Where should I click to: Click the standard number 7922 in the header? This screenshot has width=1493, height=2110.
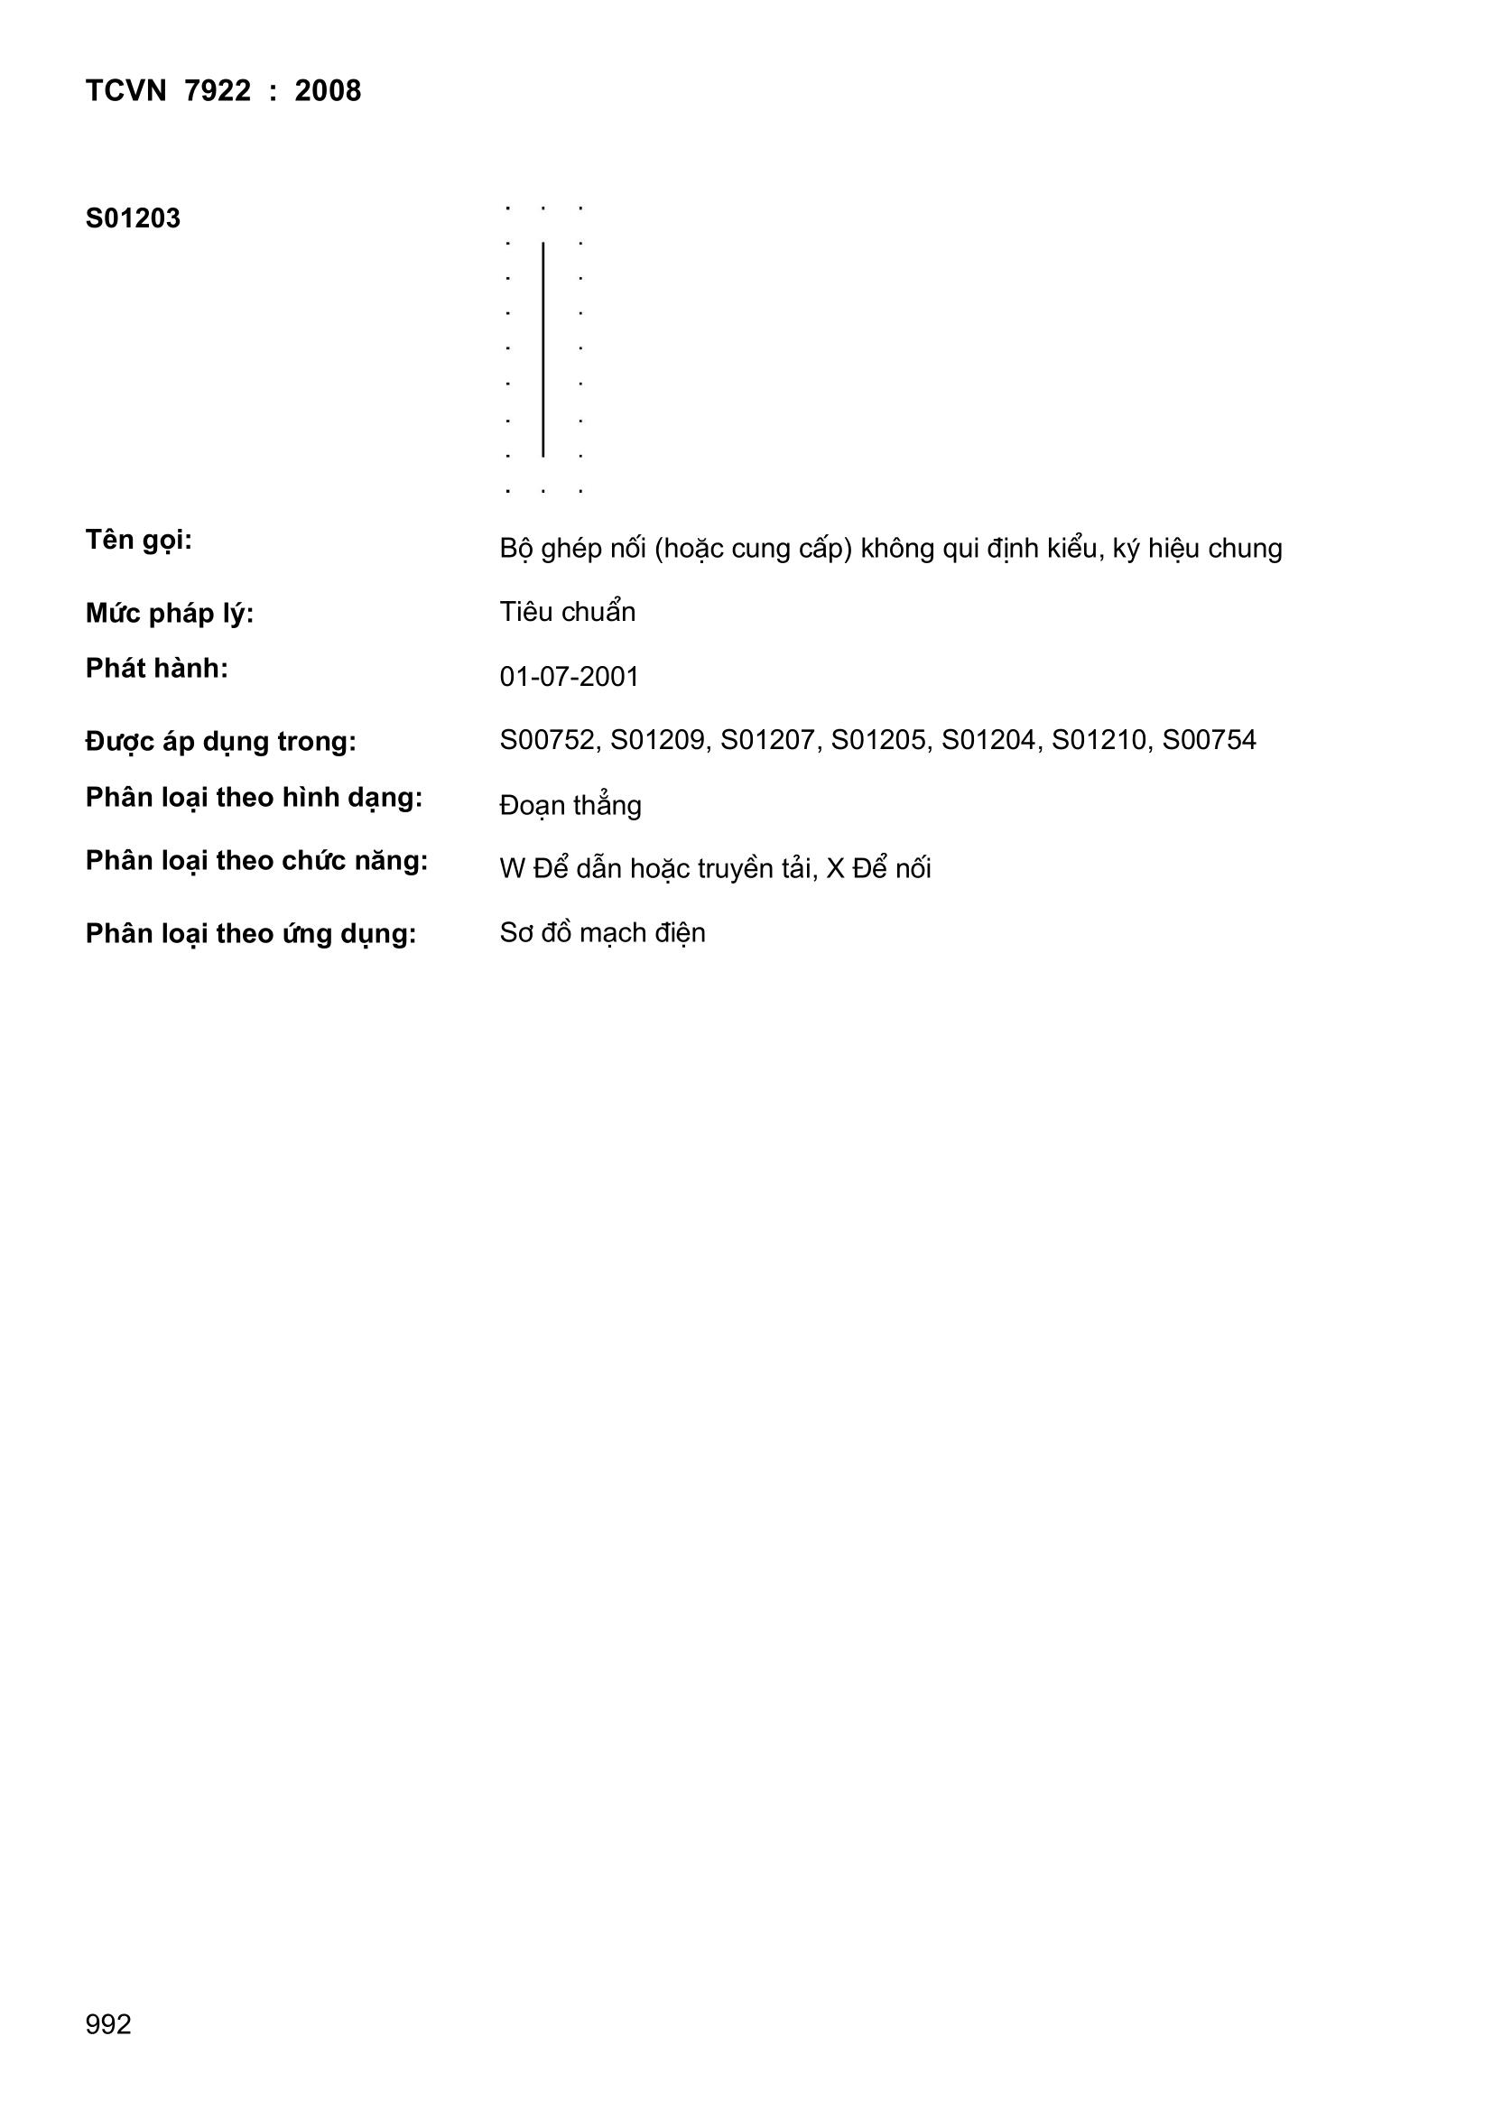pos(217,91)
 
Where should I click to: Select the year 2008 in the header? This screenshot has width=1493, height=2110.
pos(328,91)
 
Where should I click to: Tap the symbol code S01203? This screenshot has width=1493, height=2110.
pos(134,218)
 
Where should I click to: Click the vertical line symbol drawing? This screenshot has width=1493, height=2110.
pos(543,349)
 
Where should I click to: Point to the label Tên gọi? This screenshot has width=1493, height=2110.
pos(139,541)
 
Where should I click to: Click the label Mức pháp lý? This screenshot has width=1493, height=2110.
pos(169,613)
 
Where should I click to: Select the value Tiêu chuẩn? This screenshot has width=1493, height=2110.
pos(567,612)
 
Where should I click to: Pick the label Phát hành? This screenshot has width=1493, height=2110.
pos(156,668)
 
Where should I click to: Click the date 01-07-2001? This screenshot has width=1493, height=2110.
pos(569,677)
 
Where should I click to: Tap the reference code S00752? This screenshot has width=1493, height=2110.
pos(548,740)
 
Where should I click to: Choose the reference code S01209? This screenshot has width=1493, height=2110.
pos(658,740)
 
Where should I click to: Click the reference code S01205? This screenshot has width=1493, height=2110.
pos(879,740)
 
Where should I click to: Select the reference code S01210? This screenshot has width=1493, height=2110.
pos(1099,740)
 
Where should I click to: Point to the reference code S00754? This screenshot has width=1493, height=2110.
pos(1209,740)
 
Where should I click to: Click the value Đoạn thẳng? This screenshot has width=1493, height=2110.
pos(570,806)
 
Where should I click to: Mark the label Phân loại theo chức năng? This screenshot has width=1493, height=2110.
pos(256,861)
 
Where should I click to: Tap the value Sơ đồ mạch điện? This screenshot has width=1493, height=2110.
pos(602,933)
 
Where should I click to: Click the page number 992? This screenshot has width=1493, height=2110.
pos(108,2050)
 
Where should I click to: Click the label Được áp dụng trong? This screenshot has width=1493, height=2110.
pos(220,742)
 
